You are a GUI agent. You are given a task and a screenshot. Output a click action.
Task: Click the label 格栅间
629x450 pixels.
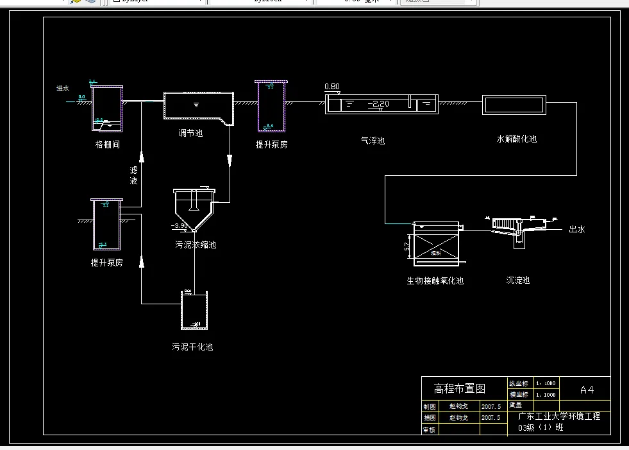(107, 144)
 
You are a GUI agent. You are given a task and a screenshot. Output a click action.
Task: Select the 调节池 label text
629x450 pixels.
(190, 134)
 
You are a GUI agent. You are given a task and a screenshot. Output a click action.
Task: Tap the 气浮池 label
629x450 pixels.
(373, 140)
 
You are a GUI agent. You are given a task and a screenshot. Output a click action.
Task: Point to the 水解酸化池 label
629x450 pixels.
(516, 139)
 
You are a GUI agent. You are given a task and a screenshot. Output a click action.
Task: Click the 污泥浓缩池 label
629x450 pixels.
(196, 245)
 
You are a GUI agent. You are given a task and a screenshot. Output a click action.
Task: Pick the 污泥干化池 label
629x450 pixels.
(192, 347)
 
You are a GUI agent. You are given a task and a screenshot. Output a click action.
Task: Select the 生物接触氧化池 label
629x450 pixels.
(435, 281)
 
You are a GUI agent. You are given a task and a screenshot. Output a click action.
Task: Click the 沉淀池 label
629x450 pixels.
(517, 280)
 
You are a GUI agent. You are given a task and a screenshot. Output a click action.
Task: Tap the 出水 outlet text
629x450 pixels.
(577, 229)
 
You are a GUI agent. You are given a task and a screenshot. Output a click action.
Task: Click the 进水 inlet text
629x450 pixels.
(63, 89)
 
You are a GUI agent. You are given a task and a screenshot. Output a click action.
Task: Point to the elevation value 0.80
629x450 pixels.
(332, 87)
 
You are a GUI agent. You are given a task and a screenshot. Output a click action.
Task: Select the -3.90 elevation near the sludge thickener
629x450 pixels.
(180, 226)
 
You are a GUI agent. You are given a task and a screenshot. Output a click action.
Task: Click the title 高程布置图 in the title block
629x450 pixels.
(460, 388)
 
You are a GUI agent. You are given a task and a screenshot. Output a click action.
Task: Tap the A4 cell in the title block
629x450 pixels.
(586, 389)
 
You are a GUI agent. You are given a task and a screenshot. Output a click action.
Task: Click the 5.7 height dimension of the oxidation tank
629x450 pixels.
(407, 247)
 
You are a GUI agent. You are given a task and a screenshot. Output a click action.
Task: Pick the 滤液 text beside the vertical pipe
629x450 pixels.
(133, 175)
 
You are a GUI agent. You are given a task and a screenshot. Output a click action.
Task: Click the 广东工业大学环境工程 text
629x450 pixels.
(558, 416)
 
